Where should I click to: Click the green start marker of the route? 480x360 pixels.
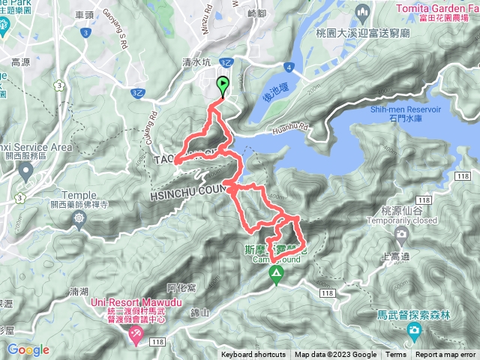pos(223,85)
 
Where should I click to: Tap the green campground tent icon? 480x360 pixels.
pos(277,277)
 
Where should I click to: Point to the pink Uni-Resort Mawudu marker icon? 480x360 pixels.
pos(136,334)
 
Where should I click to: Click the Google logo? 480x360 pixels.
pos(28,350)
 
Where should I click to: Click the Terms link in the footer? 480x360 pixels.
pos(396,355)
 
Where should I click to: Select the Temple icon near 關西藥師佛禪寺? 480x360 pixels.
pos(79,218)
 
